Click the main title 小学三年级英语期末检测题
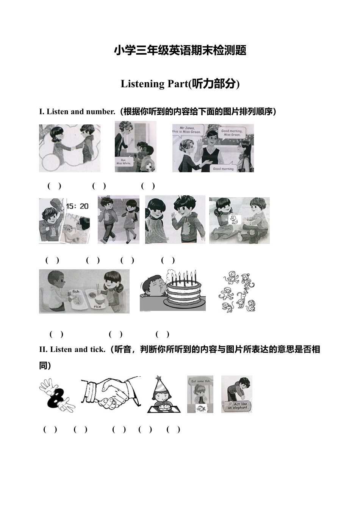point(180,50)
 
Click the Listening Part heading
point(180,83)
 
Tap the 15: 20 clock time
point(77,206)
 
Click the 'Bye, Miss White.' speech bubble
point(124,162)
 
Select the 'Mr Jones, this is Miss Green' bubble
point(188,130)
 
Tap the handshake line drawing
point(111,393)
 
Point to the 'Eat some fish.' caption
point(200,381)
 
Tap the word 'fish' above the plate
point(76,291)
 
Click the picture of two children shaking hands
point(70,148)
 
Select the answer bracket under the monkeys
point(162,334)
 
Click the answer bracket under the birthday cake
point(116,334)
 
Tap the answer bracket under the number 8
point(50,429)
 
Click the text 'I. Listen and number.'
point(77,112)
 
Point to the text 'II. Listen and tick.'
point(72,349)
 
